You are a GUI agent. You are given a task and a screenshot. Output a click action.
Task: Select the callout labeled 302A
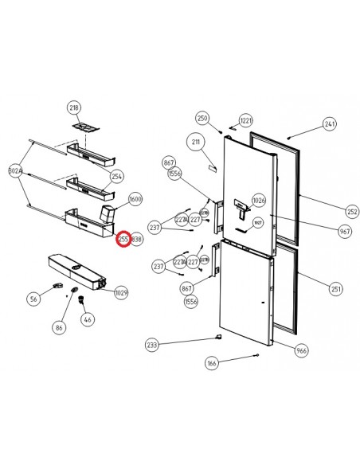pos(15,170)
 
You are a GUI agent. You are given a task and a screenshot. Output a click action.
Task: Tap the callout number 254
pos(116,176)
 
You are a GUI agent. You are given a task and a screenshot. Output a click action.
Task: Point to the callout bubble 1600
pos(135,199)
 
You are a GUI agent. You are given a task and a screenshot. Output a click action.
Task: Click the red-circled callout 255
pos(123,238)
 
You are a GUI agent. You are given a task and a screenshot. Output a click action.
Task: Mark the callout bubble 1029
pos(121,293)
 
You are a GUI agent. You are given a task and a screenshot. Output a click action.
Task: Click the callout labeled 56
pos(33,299)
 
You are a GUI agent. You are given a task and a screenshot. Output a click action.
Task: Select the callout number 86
pos(59,327)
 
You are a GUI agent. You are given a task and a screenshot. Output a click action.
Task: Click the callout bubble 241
pos(330,124)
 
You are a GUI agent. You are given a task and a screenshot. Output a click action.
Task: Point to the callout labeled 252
pos(330,212)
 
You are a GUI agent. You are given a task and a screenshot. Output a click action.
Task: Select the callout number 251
pos(330,288)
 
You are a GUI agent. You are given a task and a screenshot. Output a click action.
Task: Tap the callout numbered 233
pos(152,345)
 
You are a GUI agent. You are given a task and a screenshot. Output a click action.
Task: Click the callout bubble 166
pos(212,364)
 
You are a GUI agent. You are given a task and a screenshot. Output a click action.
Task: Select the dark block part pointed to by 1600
pos(108,213)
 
